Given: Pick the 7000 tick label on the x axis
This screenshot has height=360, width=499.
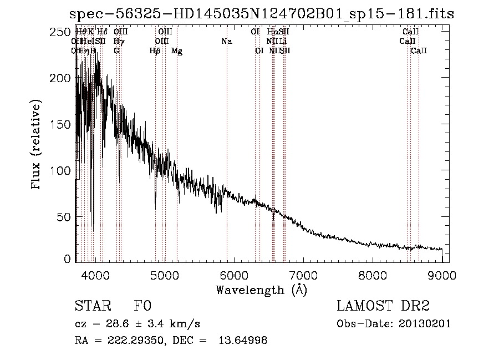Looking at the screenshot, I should tap(303, 274).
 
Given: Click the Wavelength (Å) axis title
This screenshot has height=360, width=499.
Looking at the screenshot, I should tap(261, 290).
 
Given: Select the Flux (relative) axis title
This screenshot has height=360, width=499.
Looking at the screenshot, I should tap(37, 145).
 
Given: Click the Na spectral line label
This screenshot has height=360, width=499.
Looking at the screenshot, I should tap(226, 42).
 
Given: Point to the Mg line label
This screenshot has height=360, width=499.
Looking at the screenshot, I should tap(177, 51).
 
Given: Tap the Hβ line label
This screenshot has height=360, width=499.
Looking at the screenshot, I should tap(155, 51).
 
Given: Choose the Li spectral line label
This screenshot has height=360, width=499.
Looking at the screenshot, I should tap(283, 42).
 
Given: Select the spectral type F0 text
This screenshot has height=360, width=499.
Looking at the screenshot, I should tap(142, 306).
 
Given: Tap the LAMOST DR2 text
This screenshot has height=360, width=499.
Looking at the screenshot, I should tap(383, 306).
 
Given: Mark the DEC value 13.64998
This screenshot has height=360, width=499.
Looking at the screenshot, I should tap(245, 341).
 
